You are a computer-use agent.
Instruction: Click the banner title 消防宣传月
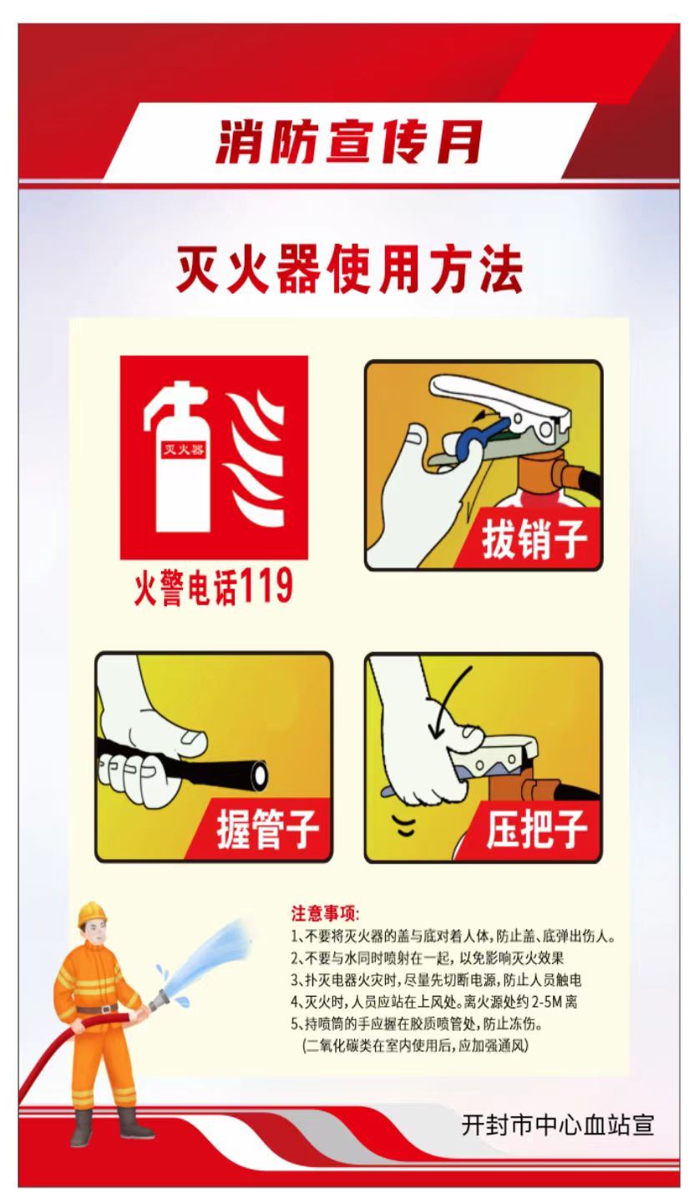click(349, 142)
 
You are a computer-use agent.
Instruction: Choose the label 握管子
click(267, 829)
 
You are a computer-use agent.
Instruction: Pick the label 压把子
click(537, 829)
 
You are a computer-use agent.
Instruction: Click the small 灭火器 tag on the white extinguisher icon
click(184, 448)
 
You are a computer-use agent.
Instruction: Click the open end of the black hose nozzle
click(261, 773)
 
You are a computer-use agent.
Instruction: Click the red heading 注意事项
click(325, 913)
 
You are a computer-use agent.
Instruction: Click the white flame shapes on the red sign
click(255, 459)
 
